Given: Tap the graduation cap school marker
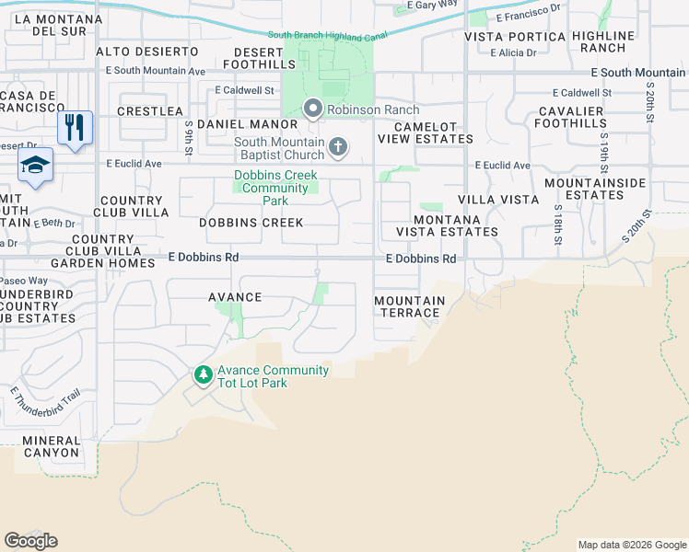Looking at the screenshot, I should click(x=36, y=166).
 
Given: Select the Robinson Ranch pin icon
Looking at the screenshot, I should click(x=312, y=109).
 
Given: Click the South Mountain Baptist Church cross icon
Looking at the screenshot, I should click(x=339, y=146).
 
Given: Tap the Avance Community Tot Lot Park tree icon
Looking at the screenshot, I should click(x=203, y=375).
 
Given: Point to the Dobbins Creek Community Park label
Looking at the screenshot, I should click(x=275, y=188).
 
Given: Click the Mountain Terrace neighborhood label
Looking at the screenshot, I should click(x=410, y=306).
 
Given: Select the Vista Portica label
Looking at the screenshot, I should click(x=514, y=37).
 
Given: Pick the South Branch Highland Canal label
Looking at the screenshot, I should click(x=326, y=35).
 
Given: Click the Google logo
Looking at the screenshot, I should click(x=30, y=541).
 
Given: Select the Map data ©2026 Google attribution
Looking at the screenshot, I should click(x=631, y=545).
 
